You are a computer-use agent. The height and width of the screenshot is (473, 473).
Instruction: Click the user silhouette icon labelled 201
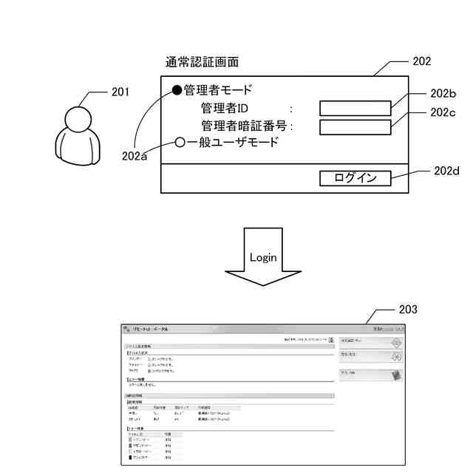tap(76, 137)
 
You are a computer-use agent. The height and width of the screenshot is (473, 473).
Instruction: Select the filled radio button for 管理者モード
tap(177, 91)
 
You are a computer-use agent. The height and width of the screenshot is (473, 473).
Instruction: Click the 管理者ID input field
tap(355, 109)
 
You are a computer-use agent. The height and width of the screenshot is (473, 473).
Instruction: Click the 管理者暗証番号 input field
tap(355, 127)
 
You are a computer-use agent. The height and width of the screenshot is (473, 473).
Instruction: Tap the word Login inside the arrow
tap(263, 257)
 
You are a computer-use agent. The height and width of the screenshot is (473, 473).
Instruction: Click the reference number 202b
tap(443, 93)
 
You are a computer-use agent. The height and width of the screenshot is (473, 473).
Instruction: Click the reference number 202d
tap(446, 171)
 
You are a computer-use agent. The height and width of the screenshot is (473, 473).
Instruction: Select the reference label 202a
tap(135, 156)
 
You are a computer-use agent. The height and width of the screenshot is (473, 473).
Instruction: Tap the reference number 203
tap(407, 309)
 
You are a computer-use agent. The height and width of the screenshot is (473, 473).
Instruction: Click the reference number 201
tap(120, 92)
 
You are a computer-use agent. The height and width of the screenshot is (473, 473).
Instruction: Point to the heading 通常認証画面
tap(203, 62)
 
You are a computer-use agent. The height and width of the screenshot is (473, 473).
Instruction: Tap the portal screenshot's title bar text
tap(151, 329)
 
